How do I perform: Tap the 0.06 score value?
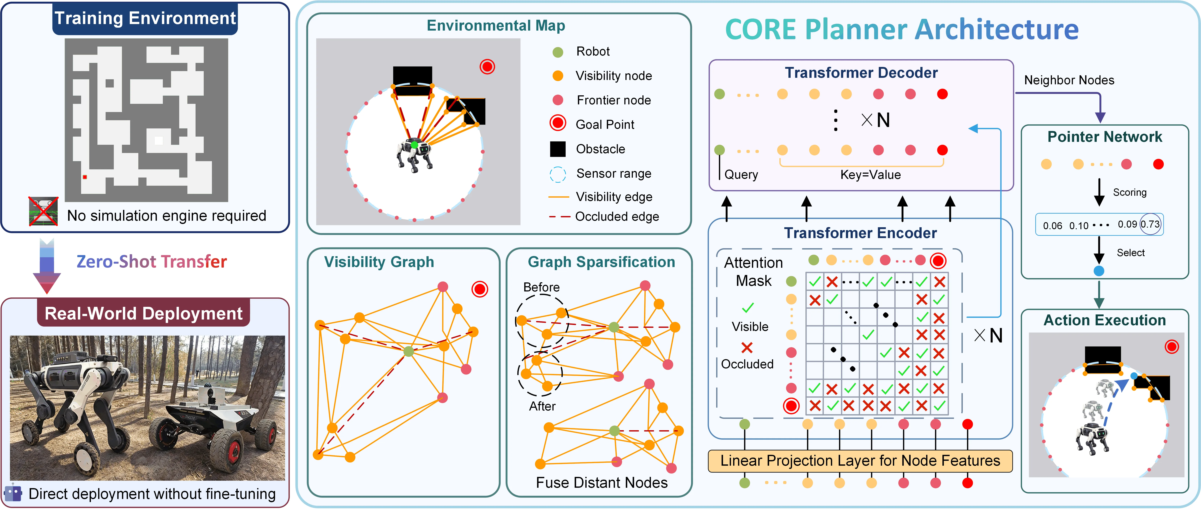click(1052, 226)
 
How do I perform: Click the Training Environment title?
click(145, 18)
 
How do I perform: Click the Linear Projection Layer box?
click(860, 461)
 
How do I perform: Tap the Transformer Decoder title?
click(861, 73)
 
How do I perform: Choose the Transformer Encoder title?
click(860, 233)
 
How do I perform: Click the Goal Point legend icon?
click(558, 123)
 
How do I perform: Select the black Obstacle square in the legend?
click(558, 149)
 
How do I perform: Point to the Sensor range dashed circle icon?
click(558, 174)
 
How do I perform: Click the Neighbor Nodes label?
click(1069, 80)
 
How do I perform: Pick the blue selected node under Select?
click(1099, 271)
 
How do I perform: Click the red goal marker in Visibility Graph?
click(479, 289)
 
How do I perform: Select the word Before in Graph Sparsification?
click(541, 287)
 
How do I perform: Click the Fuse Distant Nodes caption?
click(601, 483)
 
